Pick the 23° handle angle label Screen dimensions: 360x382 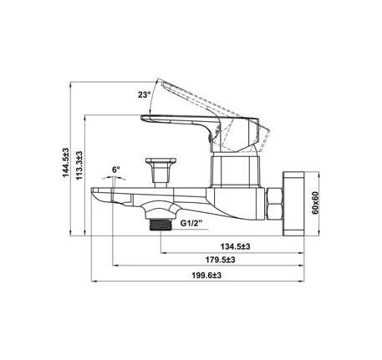(x=145, y=95)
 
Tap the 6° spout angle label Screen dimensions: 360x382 (x=115, y=170)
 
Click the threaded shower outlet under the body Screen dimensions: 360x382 (x=158, y=224)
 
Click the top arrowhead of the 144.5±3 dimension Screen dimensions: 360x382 (x=71, y=84)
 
